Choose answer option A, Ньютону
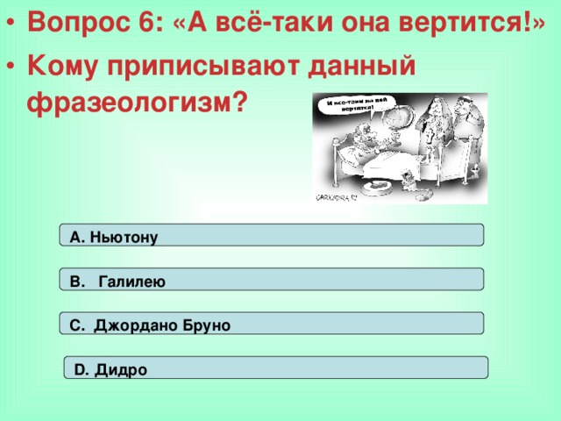(x=271, y=235)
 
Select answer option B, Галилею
(x=271, y=280)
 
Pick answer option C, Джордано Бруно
(x=271, y=324)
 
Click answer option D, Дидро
(x=276, y=368)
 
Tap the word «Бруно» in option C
(x=207, y=325)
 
